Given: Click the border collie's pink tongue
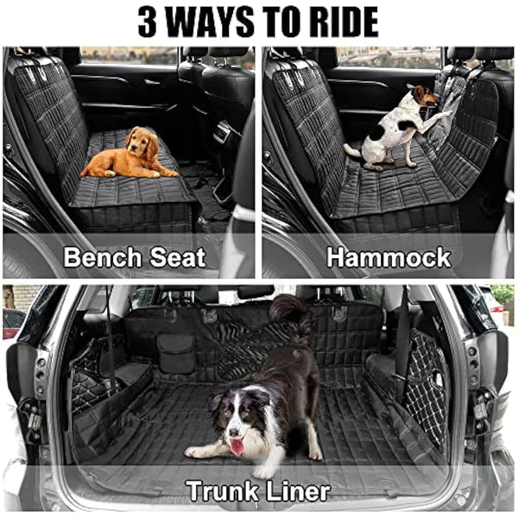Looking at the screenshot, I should coord(236,446).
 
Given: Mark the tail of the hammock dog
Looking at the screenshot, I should coord(351,151).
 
